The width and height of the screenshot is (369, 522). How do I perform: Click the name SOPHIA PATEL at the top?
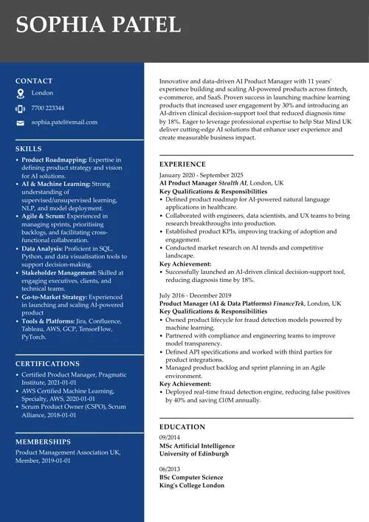tap(98, 24)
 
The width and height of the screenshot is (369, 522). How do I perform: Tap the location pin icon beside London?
tap(20, 94)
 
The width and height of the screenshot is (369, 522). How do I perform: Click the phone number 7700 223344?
tap(47, 108)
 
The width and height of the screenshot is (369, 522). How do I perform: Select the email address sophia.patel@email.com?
tap(64, 122)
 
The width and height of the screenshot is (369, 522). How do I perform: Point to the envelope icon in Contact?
tap(20, 123)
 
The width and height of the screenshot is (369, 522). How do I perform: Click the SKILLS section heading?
tap(29, 148)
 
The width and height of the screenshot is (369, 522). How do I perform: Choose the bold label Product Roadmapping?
tap(54, 159)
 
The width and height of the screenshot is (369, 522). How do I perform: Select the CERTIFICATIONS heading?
tap(48, 364)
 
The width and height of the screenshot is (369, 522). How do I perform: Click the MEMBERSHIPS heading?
tap(44, 442)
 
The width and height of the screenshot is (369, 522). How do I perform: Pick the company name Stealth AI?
tap(232, 183)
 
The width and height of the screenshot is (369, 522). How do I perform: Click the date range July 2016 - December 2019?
tap(196, 295)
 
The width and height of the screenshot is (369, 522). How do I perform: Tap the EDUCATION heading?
tap(182, 427)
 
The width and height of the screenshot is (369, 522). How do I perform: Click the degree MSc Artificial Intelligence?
tap(197, 446)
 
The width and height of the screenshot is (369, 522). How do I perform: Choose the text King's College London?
tap(192, 485)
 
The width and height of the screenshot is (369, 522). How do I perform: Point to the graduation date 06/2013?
tap(170, 469)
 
